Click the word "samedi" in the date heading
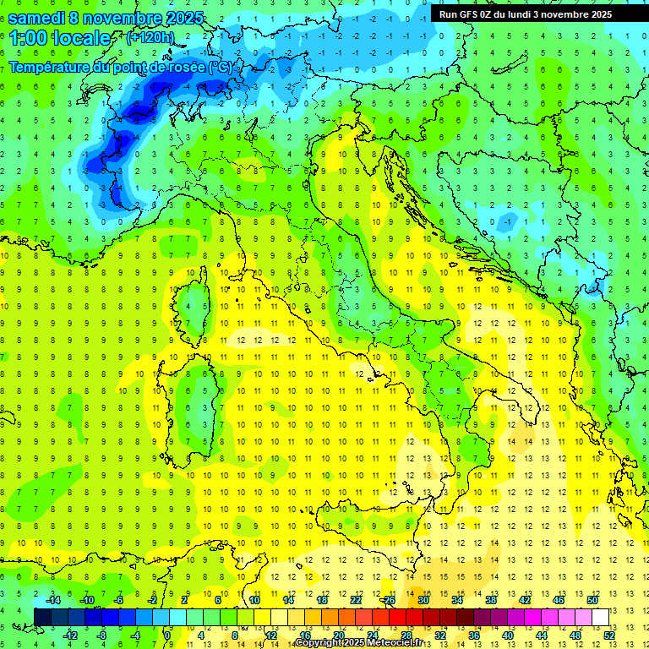37,18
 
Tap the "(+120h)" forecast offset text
150,37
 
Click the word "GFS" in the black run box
471,14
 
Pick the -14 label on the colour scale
52,600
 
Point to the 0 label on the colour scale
166,635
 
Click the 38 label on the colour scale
490,600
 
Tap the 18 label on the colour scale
322,600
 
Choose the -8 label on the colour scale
102,635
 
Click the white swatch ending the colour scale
600,617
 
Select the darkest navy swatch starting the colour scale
42,617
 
